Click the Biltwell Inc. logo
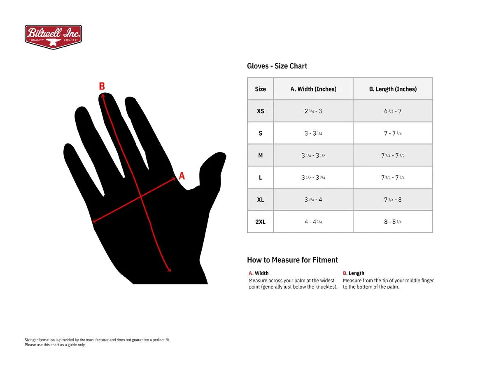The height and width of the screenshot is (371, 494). click(53, 37)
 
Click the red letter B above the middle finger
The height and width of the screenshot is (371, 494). click(102, 86)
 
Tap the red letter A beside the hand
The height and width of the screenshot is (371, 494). click(182, 176)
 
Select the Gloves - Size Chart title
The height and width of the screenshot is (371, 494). click(277, 66)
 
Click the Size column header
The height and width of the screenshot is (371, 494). click(260, 89)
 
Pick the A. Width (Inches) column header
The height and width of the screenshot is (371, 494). click(313, 89)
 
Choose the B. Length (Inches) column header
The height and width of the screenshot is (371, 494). click(393, 89)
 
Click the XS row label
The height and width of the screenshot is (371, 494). click(260, 111)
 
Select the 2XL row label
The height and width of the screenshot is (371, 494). click(260, 222)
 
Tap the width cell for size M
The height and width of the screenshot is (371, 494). click(313, 155)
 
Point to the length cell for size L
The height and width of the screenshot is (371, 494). click(393, 178)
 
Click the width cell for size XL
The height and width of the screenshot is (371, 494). click(313, 200)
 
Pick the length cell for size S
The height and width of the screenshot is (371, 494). click(393, 134)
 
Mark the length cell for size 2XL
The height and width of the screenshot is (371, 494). click(393, 222)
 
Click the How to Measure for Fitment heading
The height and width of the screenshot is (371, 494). click(292, 260)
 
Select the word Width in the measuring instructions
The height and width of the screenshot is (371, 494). click(261, 273)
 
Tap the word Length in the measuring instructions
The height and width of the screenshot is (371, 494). click(356, 273)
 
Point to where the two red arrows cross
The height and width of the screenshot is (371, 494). click(141, 197)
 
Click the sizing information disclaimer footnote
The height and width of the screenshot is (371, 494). click(97, 342)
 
